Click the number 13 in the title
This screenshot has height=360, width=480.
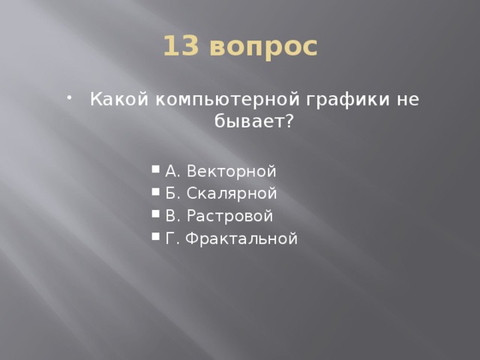[x=180, y=46]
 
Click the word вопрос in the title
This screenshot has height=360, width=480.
[x=263, y=47]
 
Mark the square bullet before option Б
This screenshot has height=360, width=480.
[x=154, y=194]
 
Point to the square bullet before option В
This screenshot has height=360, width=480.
[x=154, y=217]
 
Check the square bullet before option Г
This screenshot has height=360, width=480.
[x=154, y=239]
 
